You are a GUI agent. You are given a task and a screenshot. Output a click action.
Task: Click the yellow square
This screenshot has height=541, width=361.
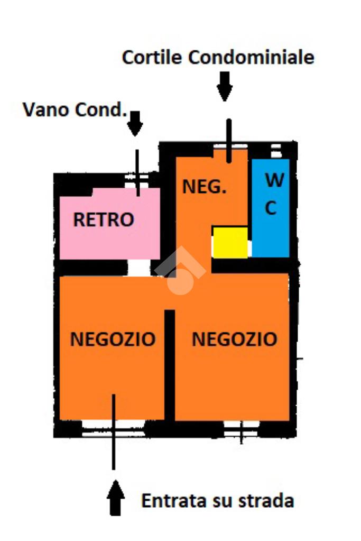click(230, 243)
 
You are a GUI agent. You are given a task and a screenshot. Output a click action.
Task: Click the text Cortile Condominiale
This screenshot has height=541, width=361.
click(218, 57)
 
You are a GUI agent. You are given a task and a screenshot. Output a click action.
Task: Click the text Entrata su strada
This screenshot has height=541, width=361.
click(217, 500)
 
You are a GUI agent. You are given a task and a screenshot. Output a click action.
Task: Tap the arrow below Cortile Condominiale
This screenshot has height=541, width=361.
click(225, 86)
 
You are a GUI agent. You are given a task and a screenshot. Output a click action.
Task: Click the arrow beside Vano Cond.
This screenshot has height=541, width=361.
click(136, 123)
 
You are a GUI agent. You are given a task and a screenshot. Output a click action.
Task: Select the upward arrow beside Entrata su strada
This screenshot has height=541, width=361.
click(116, 498)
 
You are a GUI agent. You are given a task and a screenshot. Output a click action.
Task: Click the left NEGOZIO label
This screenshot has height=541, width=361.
click(113, 339)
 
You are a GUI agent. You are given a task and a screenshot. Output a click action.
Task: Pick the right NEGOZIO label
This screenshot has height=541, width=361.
click(234, 339)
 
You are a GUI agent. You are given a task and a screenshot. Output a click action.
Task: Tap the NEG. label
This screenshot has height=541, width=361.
click(205, 187)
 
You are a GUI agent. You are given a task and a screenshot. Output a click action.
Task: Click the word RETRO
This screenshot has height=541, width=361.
click(104, 219)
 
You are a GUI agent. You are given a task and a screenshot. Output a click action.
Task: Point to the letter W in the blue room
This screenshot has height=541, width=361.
click(274, 181)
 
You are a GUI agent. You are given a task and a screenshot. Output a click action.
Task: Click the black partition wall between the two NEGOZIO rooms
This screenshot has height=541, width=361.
click(170, 365)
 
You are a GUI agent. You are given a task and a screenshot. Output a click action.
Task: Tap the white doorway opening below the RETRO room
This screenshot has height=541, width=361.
click(139, 268)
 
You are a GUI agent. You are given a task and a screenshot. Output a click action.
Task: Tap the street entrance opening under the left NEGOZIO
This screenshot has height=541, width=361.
click(113, 427)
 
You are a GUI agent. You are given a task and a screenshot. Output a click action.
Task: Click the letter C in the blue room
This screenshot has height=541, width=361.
click(271, 208)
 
